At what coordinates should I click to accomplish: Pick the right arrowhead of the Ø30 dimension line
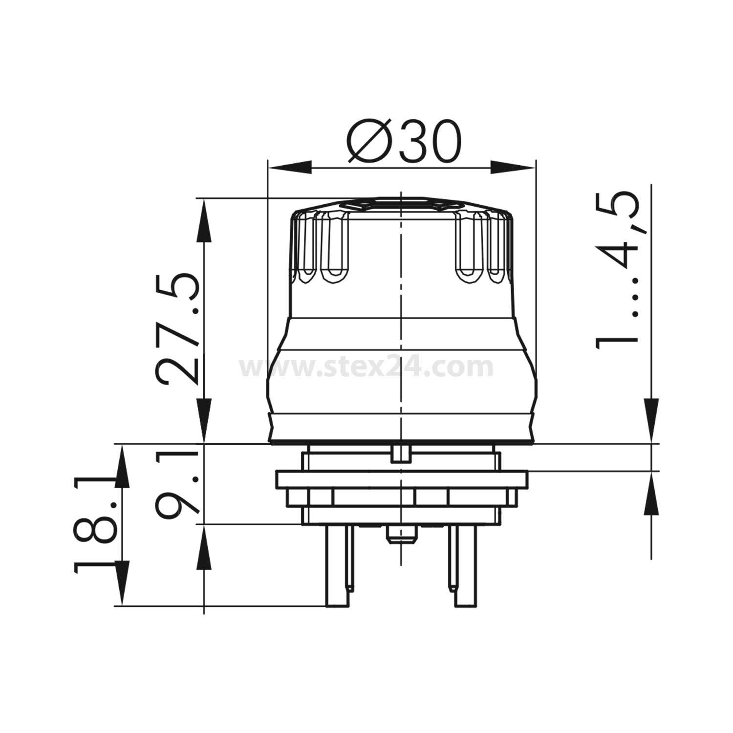[513, 166]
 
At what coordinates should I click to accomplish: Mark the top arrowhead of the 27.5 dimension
[204, 220]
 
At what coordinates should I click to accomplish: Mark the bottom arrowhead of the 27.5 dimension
[204, 423]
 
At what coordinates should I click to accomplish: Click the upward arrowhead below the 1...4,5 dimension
[651, 494]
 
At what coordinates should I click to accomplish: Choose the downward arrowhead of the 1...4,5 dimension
[651, 421]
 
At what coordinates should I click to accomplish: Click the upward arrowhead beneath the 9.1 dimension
[204, 547]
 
